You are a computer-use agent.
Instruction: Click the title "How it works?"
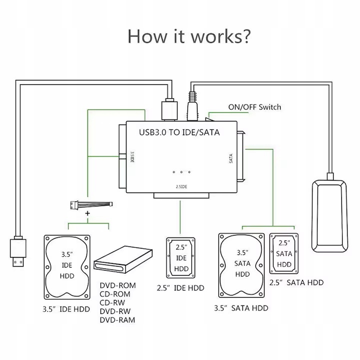point(189,36)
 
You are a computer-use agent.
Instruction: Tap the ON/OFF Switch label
point(254,107)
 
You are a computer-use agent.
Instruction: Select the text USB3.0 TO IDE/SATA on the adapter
point(179,132)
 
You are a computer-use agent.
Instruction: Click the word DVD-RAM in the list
point(117,319)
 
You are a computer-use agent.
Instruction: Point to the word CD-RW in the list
point(113,302)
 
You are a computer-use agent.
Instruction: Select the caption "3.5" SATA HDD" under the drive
point(241,307)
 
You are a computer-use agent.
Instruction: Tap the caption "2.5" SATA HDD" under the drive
point(296,282)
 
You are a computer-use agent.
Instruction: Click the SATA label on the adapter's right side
point(231,159)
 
